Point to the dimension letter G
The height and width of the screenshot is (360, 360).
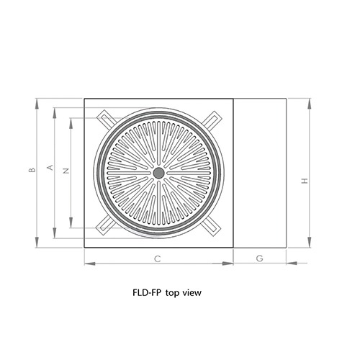pos(260,257)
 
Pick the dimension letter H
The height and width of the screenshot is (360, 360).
pos(305,181)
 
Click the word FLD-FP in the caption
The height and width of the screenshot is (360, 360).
pos(147,293)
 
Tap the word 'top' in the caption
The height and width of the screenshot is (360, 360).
pos(172,293)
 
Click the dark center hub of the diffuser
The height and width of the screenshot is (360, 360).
pos(158,173)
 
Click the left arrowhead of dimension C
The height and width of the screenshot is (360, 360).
pos(88,263)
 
